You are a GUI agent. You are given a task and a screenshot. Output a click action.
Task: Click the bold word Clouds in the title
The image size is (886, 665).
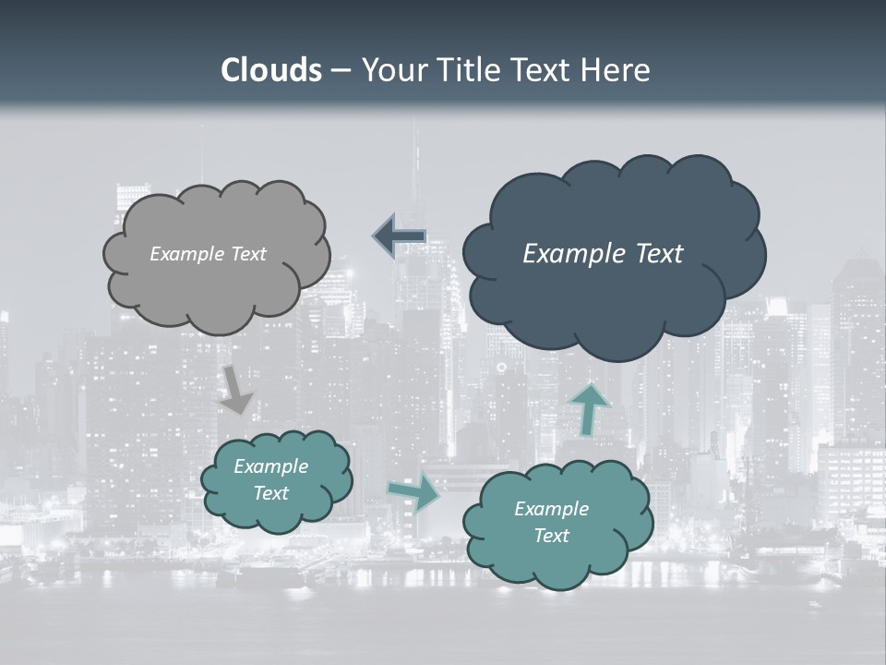coord(271,70)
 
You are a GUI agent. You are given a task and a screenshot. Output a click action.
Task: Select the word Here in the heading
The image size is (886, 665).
coord(615,70)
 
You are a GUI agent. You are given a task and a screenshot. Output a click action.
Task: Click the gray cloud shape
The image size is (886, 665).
coord(216,286)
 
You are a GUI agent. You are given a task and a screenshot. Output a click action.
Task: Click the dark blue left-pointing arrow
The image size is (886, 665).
coord(399,236)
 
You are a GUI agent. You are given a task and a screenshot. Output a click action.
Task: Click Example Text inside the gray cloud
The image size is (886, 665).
coord(208,254)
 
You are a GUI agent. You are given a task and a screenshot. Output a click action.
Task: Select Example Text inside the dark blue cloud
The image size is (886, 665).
coord(603,254)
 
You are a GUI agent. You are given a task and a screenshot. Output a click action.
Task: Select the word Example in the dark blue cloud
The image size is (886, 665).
coord(568,254)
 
